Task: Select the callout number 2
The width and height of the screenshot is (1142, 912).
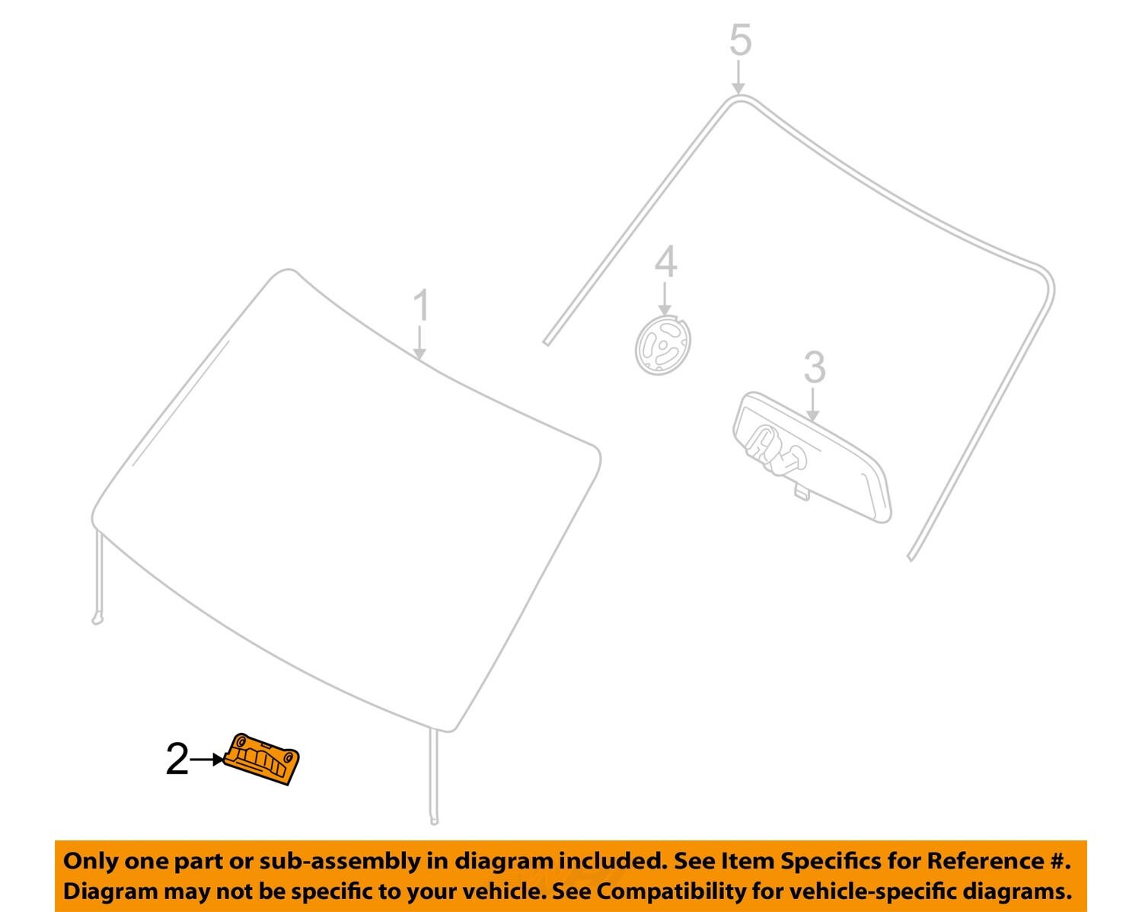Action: pos(177,760)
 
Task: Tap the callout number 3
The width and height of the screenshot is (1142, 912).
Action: pos(814,368)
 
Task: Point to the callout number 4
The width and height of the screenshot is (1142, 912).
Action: pos(665,262)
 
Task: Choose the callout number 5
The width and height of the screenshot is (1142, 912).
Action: pos(740,40)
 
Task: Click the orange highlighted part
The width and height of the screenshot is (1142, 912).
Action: pos(263,759)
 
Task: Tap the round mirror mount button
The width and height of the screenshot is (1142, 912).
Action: pos(663,346)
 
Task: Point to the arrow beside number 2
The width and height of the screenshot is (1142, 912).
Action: pos(206,760)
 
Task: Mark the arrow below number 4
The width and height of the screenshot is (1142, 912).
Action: pos(665,298)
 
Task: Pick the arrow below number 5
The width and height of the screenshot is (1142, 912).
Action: pos(738,78)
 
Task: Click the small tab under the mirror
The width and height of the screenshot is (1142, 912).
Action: pos(801,492)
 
